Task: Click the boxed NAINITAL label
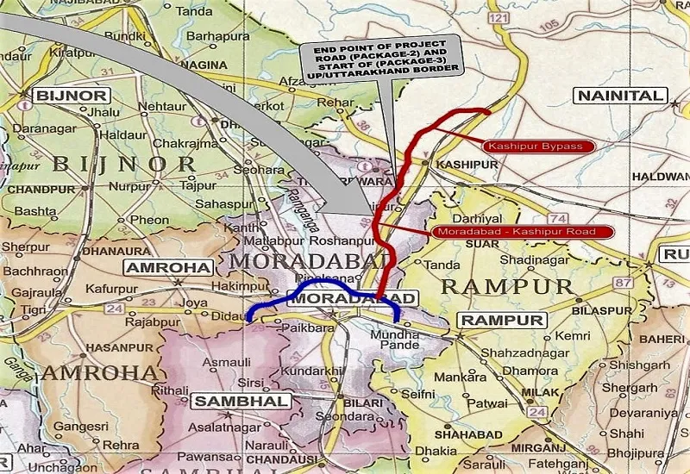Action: coord(620,96)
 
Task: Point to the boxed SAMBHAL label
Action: coord(228,401)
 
